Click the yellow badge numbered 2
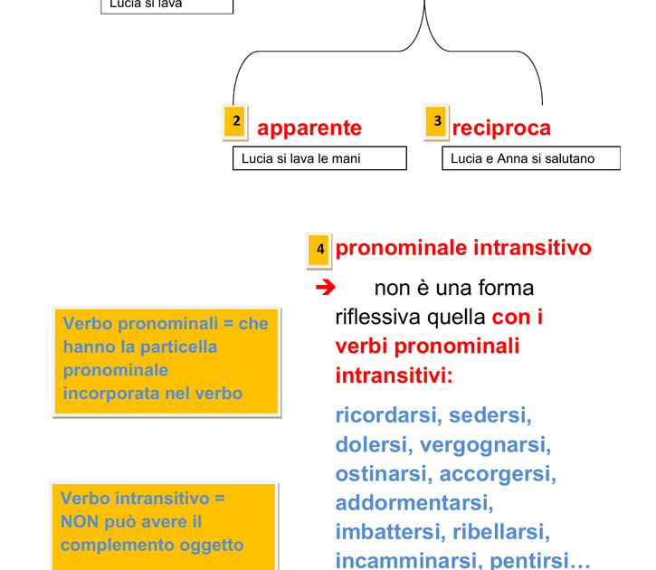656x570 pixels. click(x=235, y=122)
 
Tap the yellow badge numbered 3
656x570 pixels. click(x=436, y=122)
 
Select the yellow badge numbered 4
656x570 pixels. click(x=318, y=250)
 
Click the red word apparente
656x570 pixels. click(x=309, y=128)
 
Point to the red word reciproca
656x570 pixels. click(x=501, y=128)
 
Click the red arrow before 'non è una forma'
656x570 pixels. click(x=326, y=288)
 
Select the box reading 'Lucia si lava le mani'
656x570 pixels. click(x=319, y=158)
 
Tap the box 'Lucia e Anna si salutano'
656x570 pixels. click(x=531, y=158)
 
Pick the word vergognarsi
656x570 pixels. click(x=485, y=444)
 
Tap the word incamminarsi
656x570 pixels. click(x=409, y=560)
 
